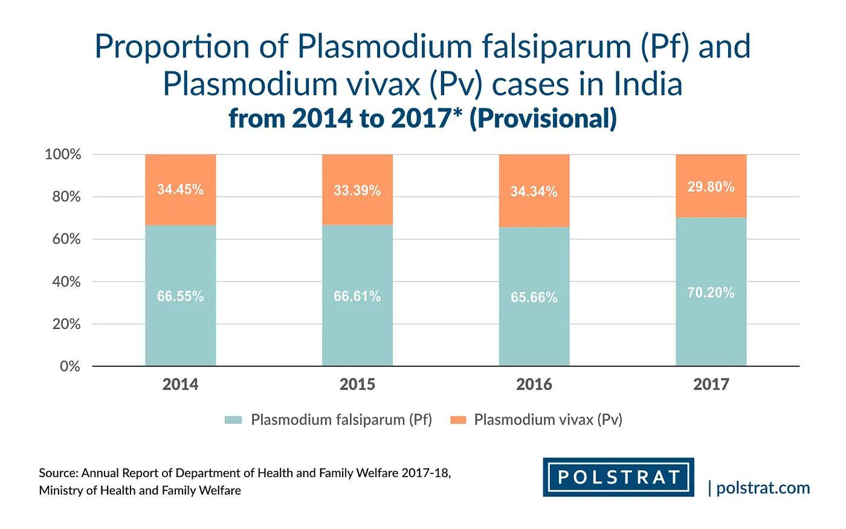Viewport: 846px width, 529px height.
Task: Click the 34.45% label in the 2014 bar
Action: coord(180,189)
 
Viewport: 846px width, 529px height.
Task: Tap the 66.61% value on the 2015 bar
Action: coord(357,296)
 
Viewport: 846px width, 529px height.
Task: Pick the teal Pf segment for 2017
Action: coord(711,326)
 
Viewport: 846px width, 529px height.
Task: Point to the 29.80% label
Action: coord(711,187)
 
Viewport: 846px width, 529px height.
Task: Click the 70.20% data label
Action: coord(711,293)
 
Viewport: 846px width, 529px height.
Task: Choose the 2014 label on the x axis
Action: coord(180,385)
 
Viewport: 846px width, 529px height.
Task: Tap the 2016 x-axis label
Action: coord(534,385)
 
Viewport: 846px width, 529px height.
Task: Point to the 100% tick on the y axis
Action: coord(63,155)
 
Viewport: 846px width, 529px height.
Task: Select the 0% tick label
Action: coord(70,366)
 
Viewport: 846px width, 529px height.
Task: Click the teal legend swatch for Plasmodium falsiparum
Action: coord(233,420)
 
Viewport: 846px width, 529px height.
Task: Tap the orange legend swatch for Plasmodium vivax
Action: coord(458,420)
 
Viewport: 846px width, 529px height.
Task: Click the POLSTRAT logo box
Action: coord(618,477)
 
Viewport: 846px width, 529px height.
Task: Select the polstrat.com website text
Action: coord(763,488)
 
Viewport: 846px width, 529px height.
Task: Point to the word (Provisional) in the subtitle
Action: coord(543,118)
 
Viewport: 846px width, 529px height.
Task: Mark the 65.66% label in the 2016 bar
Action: coord(534,297)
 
